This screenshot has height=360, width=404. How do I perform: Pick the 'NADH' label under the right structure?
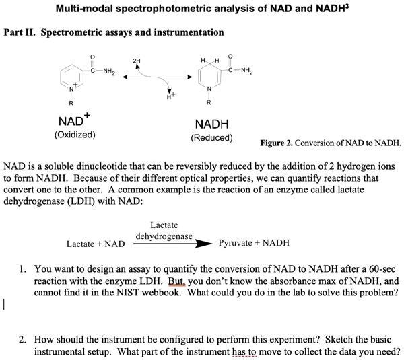pyautogui.click(x=211, y=124)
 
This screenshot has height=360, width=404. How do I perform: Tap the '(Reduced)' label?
pyautogui.click(x=211, y=137)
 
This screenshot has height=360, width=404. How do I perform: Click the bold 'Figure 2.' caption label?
pyautogui.click(x=279, y=143)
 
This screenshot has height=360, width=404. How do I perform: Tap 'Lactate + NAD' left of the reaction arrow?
pyautogui.click(x=96, y=243)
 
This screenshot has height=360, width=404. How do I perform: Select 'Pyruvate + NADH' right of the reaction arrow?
pyautogui.click(x=254, y=243)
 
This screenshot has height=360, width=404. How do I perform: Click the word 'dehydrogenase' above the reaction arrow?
pyautogui.click(x=164, y=236)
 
